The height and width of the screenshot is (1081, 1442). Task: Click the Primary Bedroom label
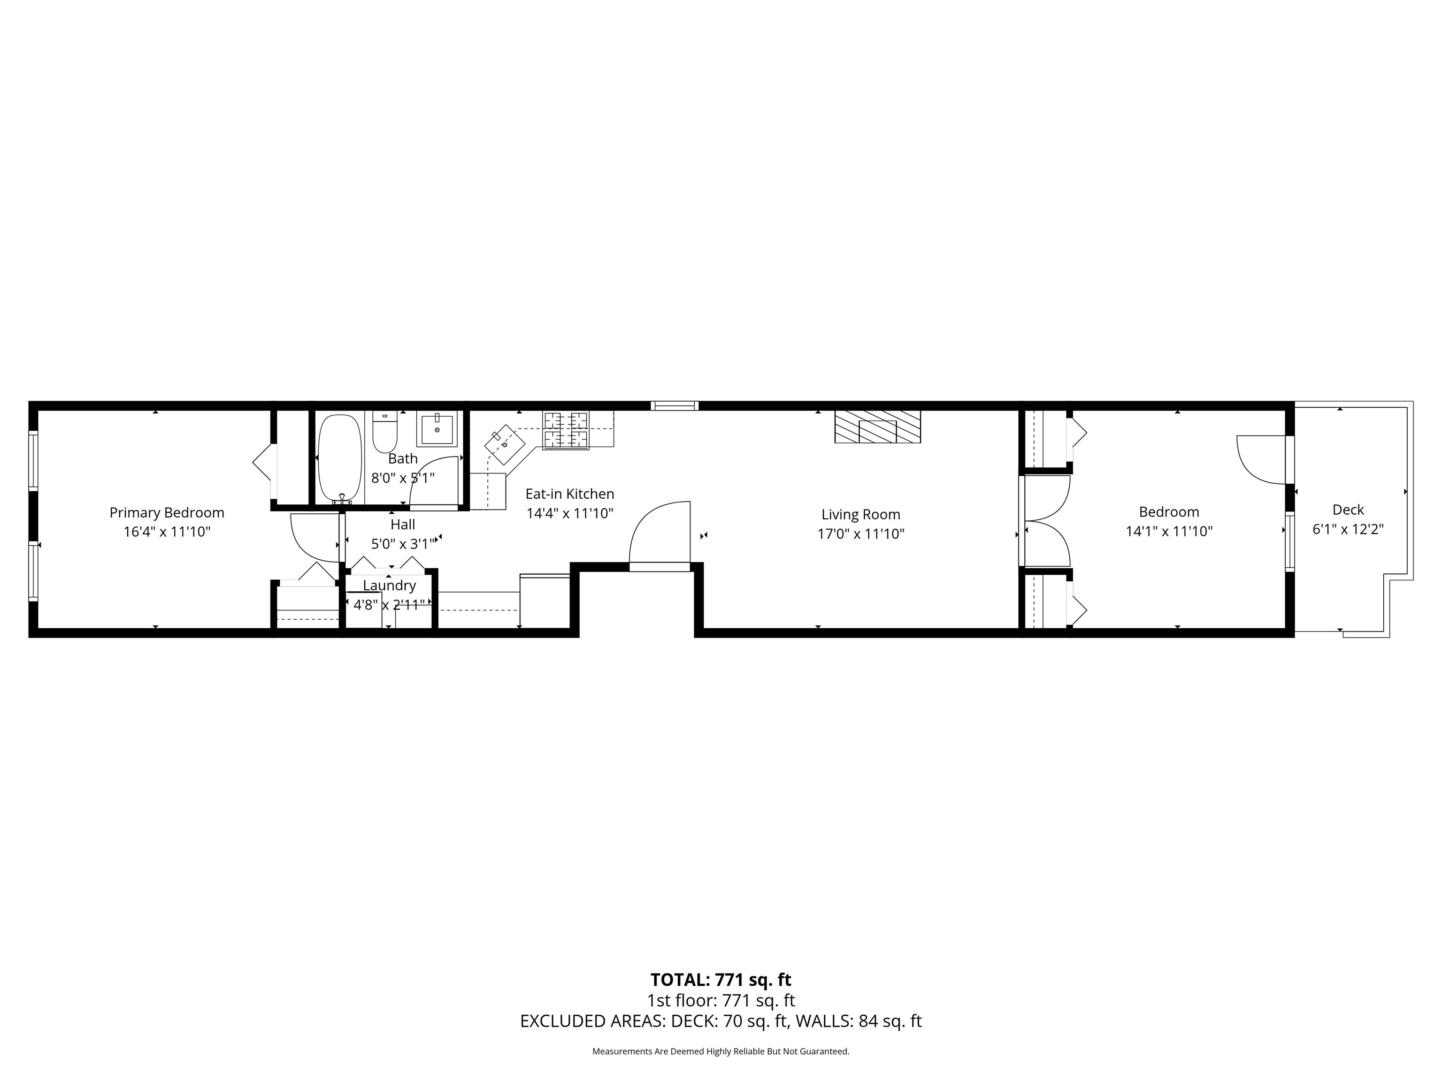point(167,513)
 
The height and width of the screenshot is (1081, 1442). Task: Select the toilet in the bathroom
point(384,432)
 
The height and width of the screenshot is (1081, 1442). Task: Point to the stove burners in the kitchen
point(566,430)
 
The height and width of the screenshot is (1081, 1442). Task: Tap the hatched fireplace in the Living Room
point(877,427)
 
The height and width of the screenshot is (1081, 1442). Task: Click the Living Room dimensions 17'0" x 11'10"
point(861,533)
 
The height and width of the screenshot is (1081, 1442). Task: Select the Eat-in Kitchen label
point(570,494)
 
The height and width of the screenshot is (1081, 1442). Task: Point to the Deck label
point(1348,510)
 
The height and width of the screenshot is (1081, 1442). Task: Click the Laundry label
point(389,585)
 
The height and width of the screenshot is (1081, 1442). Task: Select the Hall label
point(403,524)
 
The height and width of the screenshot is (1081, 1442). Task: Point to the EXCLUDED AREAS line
point(721,1021)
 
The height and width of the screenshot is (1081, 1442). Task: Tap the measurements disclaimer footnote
point(721,1051)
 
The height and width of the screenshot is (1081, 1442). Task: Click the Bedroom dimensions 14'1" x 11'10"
point(1169,531)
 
